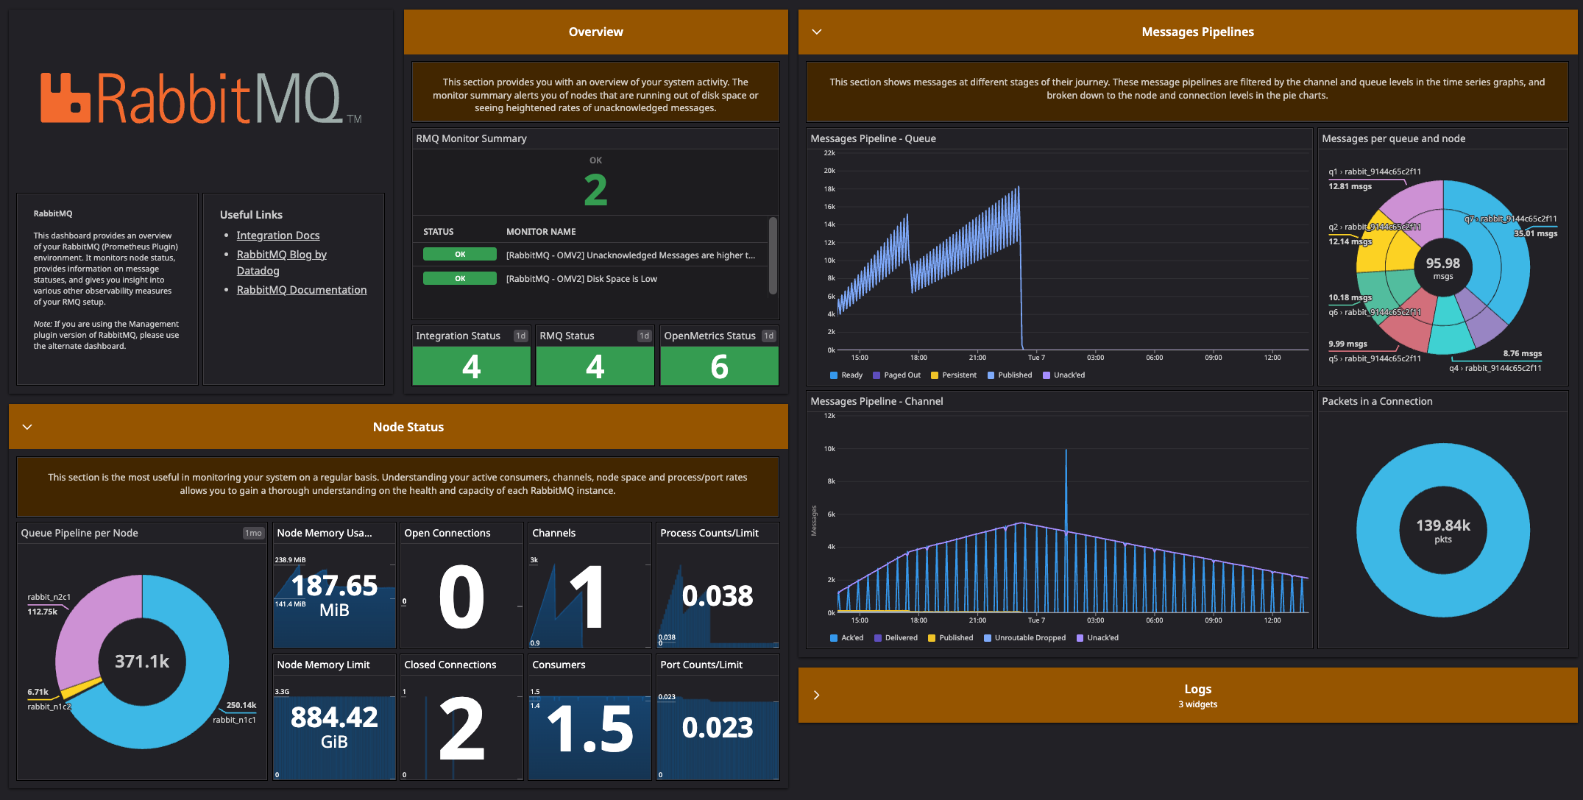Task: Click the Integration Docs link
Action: (277, 236)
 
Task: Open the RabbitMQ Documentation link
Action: (301, 290)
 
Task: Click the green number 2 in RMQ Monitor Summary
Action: (595, 190)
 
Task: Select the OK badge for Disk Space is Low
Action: (459, 279)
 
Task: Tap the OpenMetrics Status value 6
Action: (719, 367)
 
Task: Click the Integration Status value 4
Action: (471, 367)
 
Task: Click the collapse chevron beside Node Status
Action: (27, 427)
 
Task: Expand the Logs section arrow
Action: (816, 695)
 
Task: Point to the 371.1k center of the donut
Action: (142, 662)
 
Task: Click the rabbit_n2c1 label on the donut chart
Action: (49, 597)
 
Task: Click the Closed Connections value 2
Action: (461, 729)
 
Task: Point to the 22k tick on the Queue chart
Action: (829, 153)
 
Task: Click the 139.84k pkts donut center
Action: (1442, 530)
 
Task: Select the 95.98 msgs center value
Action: (1442, 267)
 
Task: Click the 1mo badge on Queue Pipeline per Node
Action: (253, 533)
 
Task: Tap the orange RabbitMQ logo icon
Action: (65, 97)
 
